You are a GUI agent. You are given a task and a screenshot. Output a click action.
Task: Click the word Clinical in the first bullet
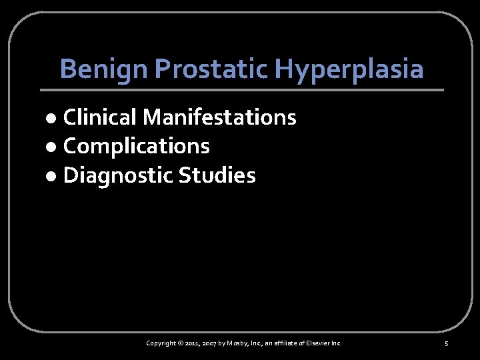100,118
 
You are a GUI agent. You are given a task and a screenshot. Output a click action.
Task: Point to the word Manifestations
219,118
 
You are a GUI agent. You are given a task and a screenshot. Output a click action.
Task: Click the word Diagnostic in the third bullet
117,175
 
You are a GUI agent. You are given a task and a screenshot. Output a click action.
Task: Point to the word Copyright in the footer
162,343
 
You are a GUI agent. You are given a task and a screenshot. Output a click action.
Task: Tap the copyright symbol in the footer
182,343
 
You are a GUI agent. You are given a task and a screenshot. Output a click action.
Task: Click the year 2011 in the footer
195,343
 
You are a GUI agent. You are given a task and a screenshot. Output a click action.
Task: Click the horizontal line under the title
241,89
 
